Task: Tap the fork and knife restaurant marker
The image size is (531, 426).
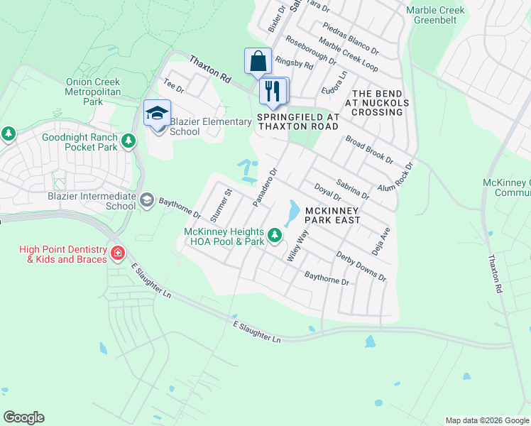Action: tap(273, 91)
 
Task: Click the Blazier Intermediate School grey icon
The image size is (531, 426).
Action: tap(147, 200)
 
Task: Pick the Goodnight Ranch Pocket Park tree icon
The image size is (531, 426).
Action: tap(128, 141)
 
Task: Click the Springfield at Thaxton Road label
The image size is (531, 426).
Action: tap(298, 121)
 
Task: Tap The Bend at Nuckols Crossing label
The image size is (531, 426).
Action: tap(378, 103)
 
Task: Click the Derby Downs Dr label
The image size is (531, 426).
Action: tap(361, 266)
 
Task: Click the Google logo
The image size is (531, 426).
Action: tap(23, 417)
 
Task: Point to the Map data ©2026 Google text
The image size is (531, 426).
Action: tap(487, 420)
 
